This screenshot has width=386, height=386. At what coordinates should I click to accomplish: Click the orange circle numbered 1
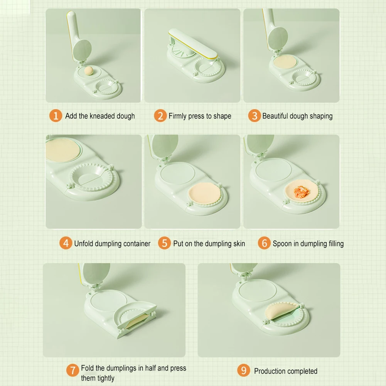[56, 116]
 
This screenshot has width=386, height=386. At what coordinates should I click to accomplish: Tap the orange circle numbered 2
[160, 116]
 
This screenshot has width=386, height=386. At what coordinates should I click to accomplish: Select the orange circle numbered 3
[254, 116]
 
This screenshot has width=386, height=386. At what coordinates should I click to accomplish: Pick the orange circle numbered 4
[66, 243]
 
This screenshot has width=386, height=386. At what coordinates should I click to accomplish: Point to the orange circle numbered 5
[164, 243]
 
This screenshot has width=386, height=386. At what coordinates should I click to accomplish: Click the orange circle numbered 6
[264, 243]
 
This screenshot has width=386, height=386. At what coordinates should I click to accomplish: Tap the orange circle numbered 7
[72, 370]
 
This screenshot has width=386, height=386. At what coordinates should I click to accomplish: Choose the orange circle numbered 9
[244, 370]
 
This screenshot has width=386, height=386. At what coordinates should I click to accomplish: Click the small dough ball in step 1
[89, 71]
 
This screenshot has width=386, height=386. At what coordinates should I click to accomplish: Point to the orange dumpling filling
[301, 191]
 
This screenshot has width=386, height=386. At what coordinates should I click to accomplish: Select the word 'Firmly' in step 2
[177, 116]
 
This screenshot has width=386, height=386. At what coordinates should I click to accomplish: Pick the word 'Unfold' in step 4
[83, 243]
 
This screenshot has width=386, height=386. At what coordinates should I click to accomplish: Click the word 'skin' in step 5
[239, 243]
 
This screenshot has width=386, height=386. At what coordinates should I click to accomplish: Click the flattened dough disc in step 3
[285, 62]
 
